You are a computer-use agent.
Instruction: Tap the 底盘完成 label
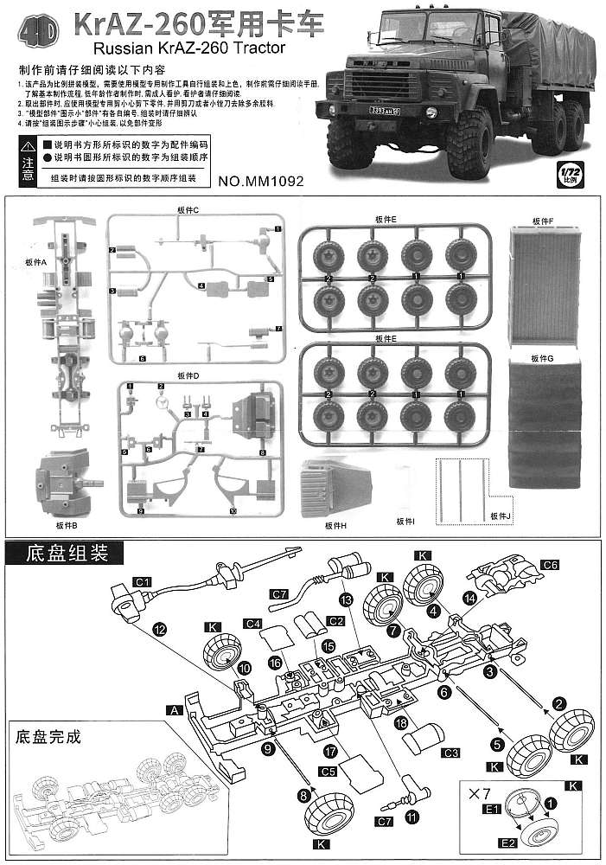tap(48, 737)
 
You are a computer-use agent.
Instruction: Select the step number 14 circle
tap(469, 598)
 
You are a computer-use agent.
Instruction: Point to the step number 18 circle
tap(400, 721)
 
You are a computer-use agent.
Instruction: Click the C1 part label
tap(143, 581)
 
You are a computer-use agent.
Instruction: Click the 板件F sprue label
tap(543, 221)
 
